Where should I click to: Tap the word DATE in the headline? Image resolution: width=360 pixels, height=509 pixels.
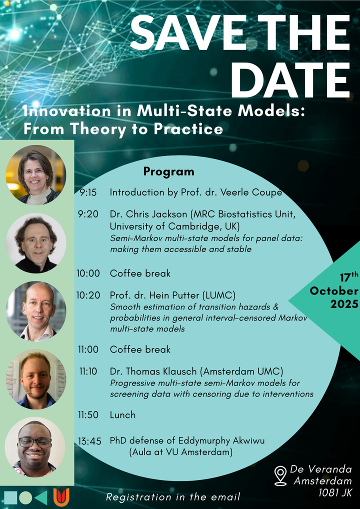point(290,79)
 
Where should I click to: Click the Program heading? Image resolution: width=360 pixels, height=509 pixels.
point(169,171)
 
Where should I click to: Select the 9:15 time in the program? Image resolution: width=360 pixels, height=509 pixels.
point(88,192)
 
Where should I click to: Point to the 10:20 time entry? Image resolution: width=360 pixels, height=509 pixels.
point(88,295)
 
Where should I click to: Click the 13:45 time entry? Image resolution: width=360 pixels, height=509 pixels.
point(89,441)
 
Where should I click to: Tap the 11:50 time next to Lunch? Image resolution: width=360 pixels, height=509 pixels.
point(88,414)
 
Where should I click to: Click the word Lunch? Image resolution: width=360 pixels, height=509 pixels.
point(122,414)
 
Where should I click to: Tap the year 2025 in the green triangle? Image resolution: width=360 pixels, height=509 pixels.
point(344,304)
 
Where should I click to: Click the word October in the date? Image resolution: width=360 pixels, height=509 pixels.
point(334,290)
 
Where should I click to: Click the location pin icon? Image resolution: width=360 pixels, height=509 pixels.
point(280,476)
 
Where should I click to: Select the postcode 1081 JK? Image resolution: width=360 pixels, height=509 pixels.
point(335,493)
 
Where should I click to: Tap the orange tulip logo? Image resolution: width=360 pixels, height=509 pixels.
point(61,497)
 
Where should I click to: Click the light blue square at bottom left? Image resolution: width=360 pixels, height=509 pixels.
point(10,497)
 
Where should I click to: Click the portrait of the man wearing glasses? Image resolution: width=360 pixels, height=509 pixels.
point(35,447)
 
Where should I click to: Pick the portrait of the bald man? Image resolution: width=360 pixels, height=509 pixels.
point(36,311)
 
